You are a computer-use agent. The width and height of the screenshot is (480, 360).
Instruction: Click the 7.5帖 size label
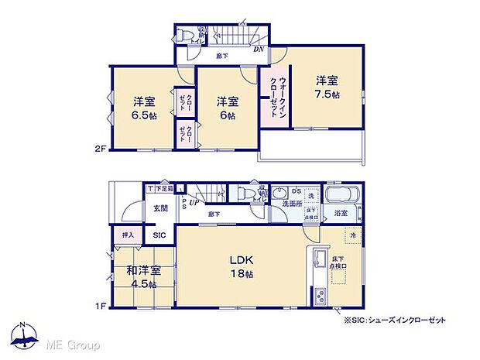pos(326,93)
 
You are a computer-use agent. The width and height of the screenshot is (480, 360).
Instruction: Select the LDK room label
pos(238,261)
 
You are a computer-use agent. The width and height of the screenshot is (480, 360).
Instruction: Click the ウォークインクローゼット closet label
pos(275,96)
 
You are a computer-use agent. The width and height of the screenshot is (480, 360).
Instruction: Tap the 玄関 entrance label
pos(160,207)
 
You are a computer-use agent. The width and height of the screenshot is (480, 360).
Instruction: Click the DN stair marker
pos(259,49)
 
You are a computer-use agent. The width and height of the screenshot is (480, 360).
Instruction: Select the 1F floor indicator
pos(100,306)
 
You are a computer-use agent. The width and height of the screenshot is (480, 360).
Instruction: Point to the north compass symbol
pos(25,334)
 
